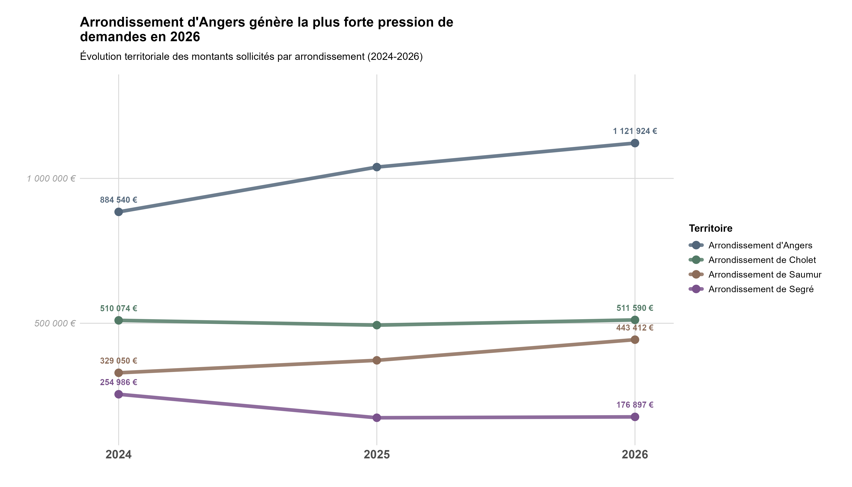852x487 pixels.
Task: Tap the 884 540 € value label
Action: [119, 200]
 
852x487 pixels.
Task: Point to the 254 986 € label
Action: [119, 382]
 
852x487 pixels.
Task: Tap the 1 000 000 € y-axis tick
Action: [51, 179]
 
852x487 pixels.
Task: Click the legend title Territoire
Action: [711, 228]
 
